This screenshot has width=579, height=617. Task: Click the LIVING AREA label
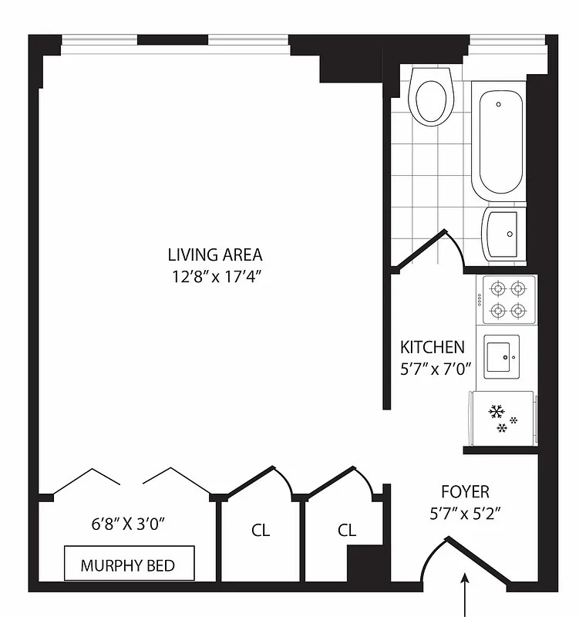pyautogui.click(x=215, y=254)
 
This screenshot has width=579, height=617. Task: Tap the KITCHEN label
pyautogui.click(x=432, y=347)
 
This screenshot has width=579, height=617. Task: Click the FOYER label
pyautogui.click(x=465, y=491)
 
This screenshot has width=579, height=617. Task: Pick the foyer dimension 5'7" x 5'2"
pyautogui.click(x=465, y=515)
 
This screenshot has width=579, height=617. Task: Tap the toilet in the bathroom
pyautogui.click(x=431, y=98)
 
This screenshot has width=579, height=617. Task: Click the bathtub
pyautogui.click(x=501, y=143)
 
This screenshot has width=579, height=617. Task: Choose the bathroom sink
pyautogui.click(x=504, y=232)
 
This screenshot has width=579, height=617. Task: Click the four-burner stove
pyautogui.click(x=509, y=299)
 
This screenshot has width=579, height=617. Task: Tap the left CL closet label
pyautogui.click(x=261, y=531)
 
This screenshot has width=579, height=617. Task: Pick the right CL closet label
pyautogui.click(x=347, y=531)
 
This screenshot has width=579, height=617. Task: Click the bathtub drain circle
pyautogui.click(x=498, y=103)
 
